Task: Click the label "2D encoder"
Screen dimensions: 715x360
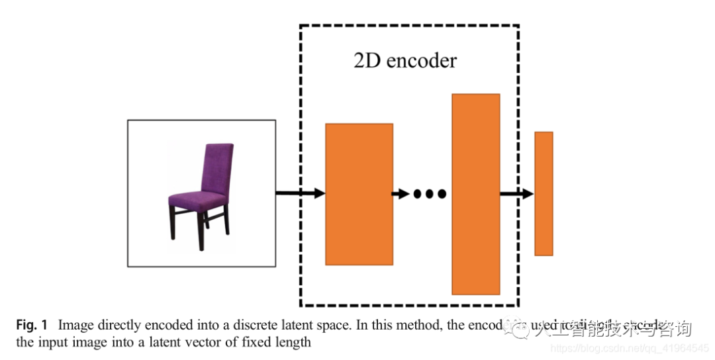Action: (405, 61)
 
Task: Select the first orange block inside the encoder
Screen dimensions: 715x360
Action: (359, 194)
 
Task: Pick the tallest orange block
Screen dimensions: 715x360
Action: (475, 194)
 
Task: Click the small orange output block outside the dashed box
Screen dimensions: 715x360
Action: (544, 193)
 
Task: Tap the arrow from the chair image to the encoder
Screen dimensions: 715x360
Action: (300, 193)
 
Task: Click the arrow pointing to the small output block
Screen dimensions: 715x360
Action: (516, 193)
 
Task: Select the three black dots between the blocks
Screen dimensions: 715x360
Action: (430, 194)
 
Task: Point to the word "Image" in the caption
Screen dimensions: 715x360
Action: (75, 326)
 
